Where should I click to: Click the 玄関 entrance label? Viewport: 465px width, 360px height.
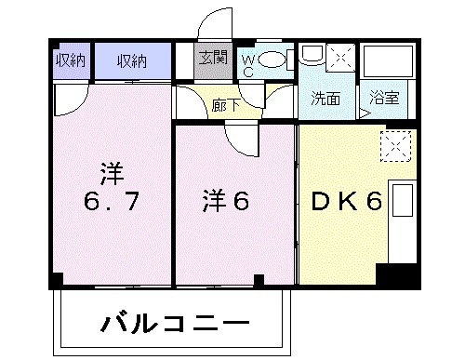point(213,59)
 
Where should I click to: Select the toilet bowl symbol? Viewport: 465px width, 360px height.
point(272,61)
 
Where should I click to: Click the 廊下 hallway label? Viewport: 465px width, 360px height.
point(225,104)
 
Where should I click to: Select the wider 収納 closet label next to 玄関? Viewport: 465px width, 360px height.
point(132,61)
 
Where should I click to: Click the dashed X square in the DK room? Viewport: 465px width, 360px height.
point(395,144)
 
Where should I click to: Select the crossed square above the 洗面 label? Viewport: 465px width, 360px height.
point(339,59)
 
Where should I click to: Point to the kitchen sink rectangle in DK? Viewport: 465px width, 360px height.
point(403,203)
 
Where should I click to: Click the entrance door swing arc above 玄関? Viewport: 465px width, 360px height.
point(213,25)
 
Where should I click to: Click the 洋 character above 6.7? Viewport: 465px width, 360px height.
point(112,172)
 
